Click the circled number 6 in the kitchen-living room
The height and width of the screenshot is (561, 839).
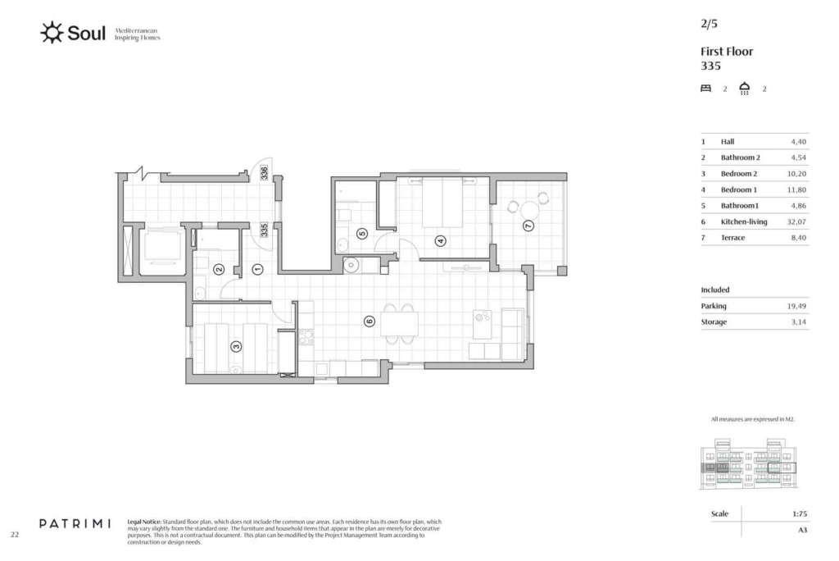pyautogui.click(x=370, y=322)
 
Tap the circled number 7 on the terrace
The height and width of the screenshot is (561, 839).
pyautogui.click(x=528, y=226)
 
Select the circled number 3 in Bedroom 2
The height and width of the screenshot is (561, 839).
pyautogui.click(x=236, y=347)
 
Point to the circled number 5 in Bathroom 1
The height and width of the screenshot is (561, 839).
pyautogui.click(x=362, y=233)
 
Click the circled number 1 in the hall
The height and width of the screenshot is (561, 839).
pyautogui.click(x=257, y=269)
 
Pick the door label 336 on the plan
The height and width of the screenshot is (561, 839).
pyautogui.click(x=265, y=172)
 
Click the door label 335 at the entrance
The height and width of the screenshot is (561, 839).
pyautogui.click(x=265, y=230)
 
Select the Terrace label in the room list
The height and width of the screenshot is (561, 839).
pyautogui.click(x=732, y=238)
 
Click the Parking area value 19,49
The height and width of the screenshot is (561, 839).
pyautogui.click(x=796, y=306)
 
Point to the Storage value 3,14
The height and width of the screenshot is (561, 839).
pyautogui.click(x=798, y=322)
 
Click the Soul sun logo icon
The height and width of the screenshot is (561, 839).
pyautogui.click(x=52, y=33)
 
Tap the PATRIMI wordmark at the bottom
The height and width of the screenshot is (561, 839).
pyautogui.click(x=75, y=523)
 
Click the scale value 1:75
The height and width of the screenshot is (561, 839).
pyautogui.click(x=800, y=514)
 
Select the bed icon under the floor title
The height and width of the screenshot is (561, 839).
pyautogui.click(x=705, y=89)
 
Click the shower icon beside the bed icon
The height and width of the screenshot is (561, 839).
pyautogui.click(x=744, y=89)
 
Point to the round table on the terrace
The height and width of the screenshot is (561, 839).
pyautogui.click(x=530, y=209)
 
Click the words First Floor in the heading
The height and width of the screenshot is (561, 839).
pyautogui.click(x=727, y=52)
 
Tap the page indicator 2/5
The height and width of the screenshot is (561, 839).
pyautogui.click(x=709, y=24)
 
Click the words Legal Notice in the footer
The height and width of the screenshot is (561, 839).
pyautogui.click(x=144, y=522)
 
